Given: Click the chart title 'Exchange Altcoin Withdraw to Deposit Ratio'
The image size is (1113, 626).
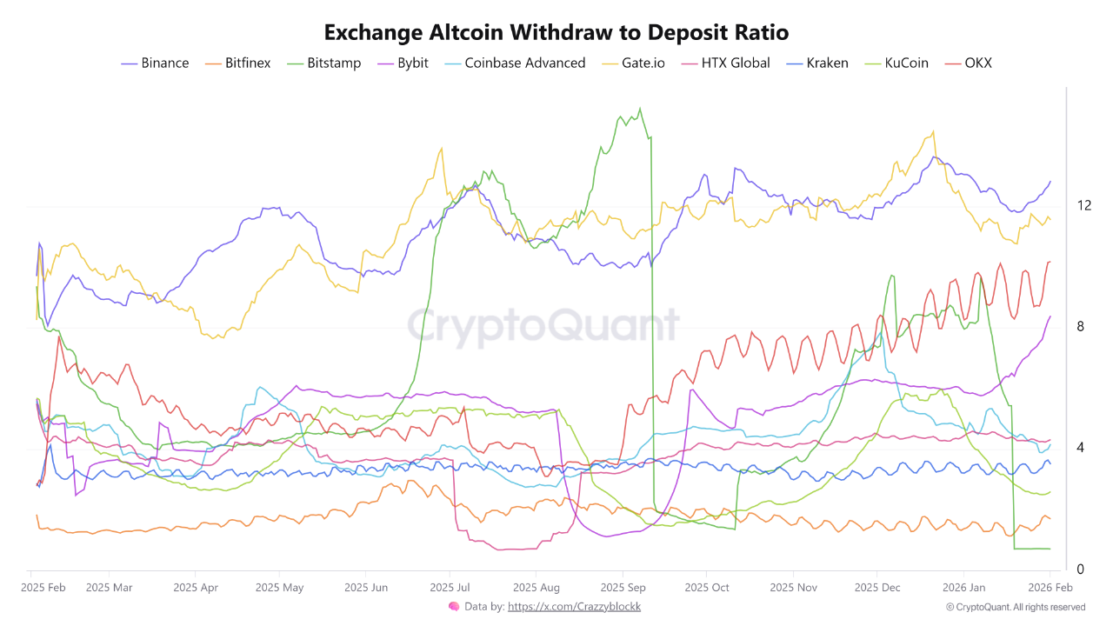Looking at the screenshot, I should pos(556,33).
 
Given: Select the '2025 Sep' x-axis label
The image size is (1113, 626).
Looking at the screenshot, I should pos(623,587).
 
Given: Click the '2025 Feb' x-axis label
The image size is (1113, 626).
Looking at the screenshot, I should pos(43,587).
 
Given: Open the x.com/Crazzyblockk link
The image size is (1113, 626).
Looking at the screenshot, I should pos(574,607).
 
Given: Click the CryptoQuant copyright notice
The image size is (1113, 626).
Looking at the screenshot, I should pos(1015,607).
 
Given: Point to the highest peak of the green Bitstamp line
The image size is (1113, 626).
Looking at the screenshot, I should pos(640,109).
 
